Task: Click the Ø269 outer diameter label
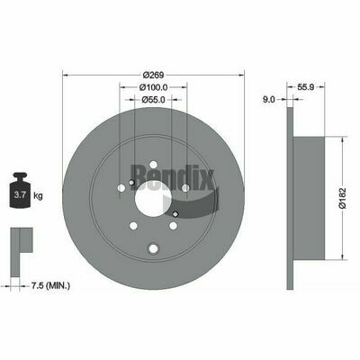click(153, 75)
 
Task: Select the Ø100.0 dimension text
click(153, 87)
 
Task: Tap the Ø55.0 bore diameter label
click(153, 100)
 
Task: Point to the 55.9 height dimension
click(306, 87)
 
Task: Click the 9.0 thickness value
click(269, 100)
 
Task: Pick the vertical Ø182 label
click(342, 198)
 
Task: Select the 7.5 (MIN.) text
click(50, 286)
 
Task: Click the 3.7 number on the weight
click(20, 195)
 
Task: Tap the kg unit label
click(38, 196)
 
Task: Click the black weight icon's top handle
click(20, 175)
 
